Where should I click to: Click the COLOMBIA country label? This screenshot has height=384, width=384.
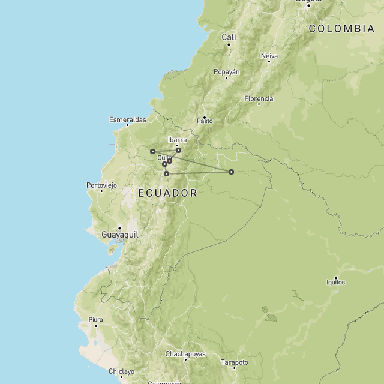(x=341, y=28)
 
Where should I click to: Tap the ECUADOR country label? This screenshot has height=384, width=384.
(x=167, y=193)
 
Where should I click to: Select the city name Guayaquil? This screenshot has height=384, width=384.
(x=120, y=235)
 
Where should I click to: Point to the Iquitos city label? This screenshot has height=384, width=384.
(x=335, y=282)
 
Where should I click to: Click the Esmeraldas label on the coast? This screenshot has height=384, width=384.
(x=127, y=119)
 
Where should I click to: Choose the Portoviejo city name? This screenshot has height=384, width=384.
(x=101, y=185)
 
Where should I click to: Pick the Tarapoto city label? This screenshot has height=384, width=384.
(x=235, y=362)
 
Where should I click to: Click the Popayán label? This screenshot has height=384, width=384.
(x=227, y=72)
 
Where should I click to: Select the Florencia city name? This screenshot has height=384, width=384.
(x=259, y=98)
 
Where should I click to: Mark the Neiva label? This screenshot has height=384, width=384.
(x=269, y=56)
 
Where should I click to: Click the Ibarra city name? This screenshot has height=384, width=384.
(x=178, y=139)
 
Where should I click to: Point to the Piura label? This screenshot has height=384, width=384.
(x=95, y=319)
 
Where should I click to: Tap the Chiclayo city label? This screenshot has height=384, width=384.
(x=121, y=371)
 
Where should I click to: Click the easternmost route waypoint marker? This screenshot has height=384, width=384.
(x=231, y=172)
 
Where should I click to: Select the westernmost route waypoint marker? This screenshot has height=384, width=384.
(x=152, y=151)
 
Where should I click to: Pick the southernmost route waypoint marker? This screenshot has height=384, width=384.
(x=166, y=174)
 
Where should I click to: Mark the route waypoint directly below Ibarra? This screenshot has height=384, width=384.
(x=178, y=150)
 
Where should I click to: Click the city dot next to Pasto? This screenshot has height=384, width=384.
(x=205, y=117)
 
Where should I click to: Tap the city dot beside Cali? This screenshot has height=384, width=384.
(x=229, y=44)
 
